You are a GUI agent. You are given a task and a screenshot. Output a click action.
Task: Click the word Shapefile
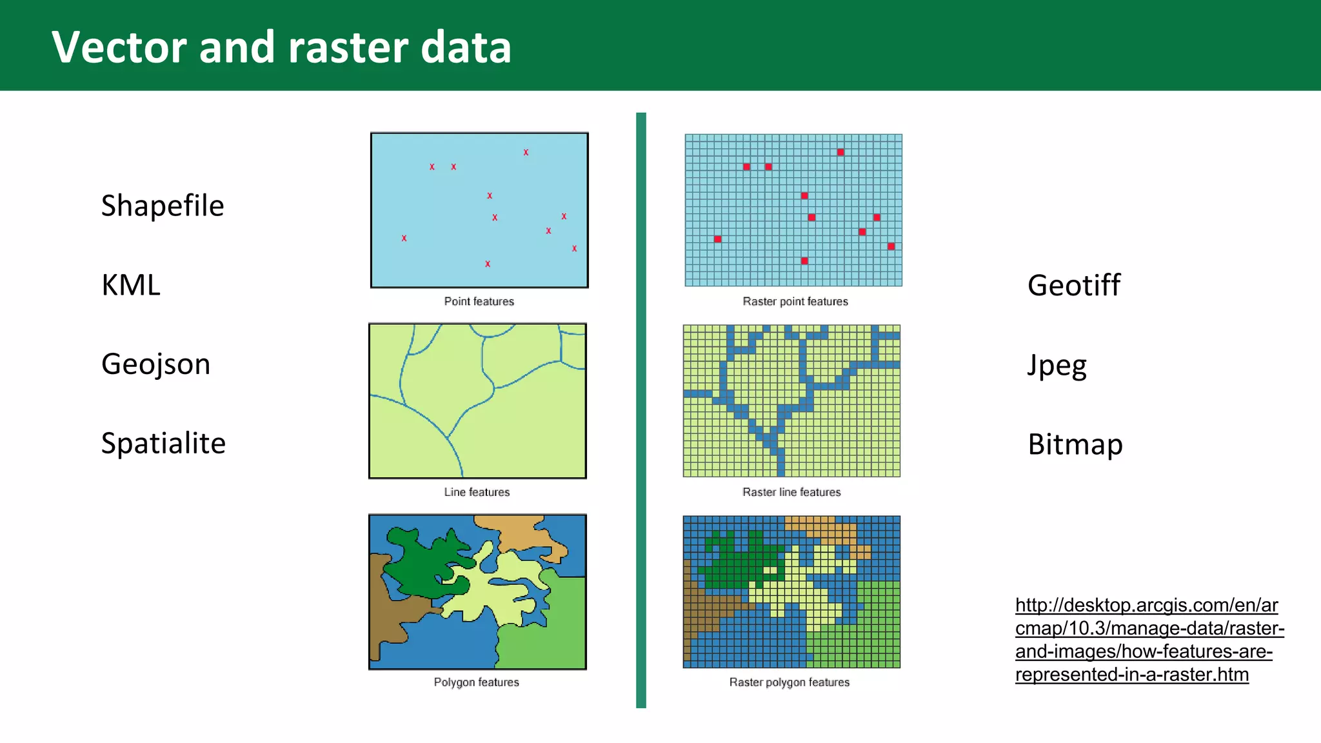point(163,206)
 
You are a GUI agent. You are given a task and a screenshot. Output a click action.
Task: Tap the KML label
point(131,285)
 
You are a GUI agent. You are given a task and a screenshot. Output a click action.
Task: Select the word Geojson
point(155,364)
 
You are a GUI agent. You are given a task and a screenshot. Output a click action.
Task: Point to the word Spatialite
point(163,444)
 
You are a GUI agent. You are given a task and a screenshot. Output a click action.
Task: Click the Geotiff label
point(1074,285)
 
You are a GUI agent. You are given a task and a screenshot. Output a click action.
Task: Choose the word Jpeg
point(1057,366)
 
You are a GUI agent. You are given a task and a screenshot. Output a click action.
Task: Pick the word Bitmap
point(1075,444)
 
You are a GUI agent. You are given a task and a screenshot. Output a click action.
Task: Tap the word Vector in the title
point(119,48)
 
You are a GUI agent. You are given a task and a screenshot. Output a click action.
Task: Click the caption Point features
point(479,301)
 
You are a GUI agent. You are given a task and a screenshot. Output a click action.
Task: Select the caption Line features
point(477,492)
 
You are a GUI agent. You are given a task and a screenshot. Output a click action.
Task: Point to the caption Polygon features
point(476,682)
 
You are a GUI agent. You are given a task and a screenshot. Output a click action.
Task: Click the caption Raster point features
point(795,301)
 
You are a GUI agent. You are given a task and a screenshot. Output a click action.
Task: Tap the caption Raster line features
point(791,492)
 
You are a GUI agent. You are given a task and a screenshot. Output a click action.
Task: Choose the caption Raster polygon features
point(789,682)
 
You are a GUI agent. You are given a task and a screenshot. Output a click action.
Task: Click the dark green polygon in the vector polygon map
point(422,561)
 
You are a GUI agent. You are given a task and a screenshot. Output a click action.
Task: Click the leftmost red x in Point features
point(404,238)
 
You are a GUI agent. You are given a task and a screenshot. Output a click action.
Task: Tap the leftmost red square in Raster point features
point(717,239)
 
